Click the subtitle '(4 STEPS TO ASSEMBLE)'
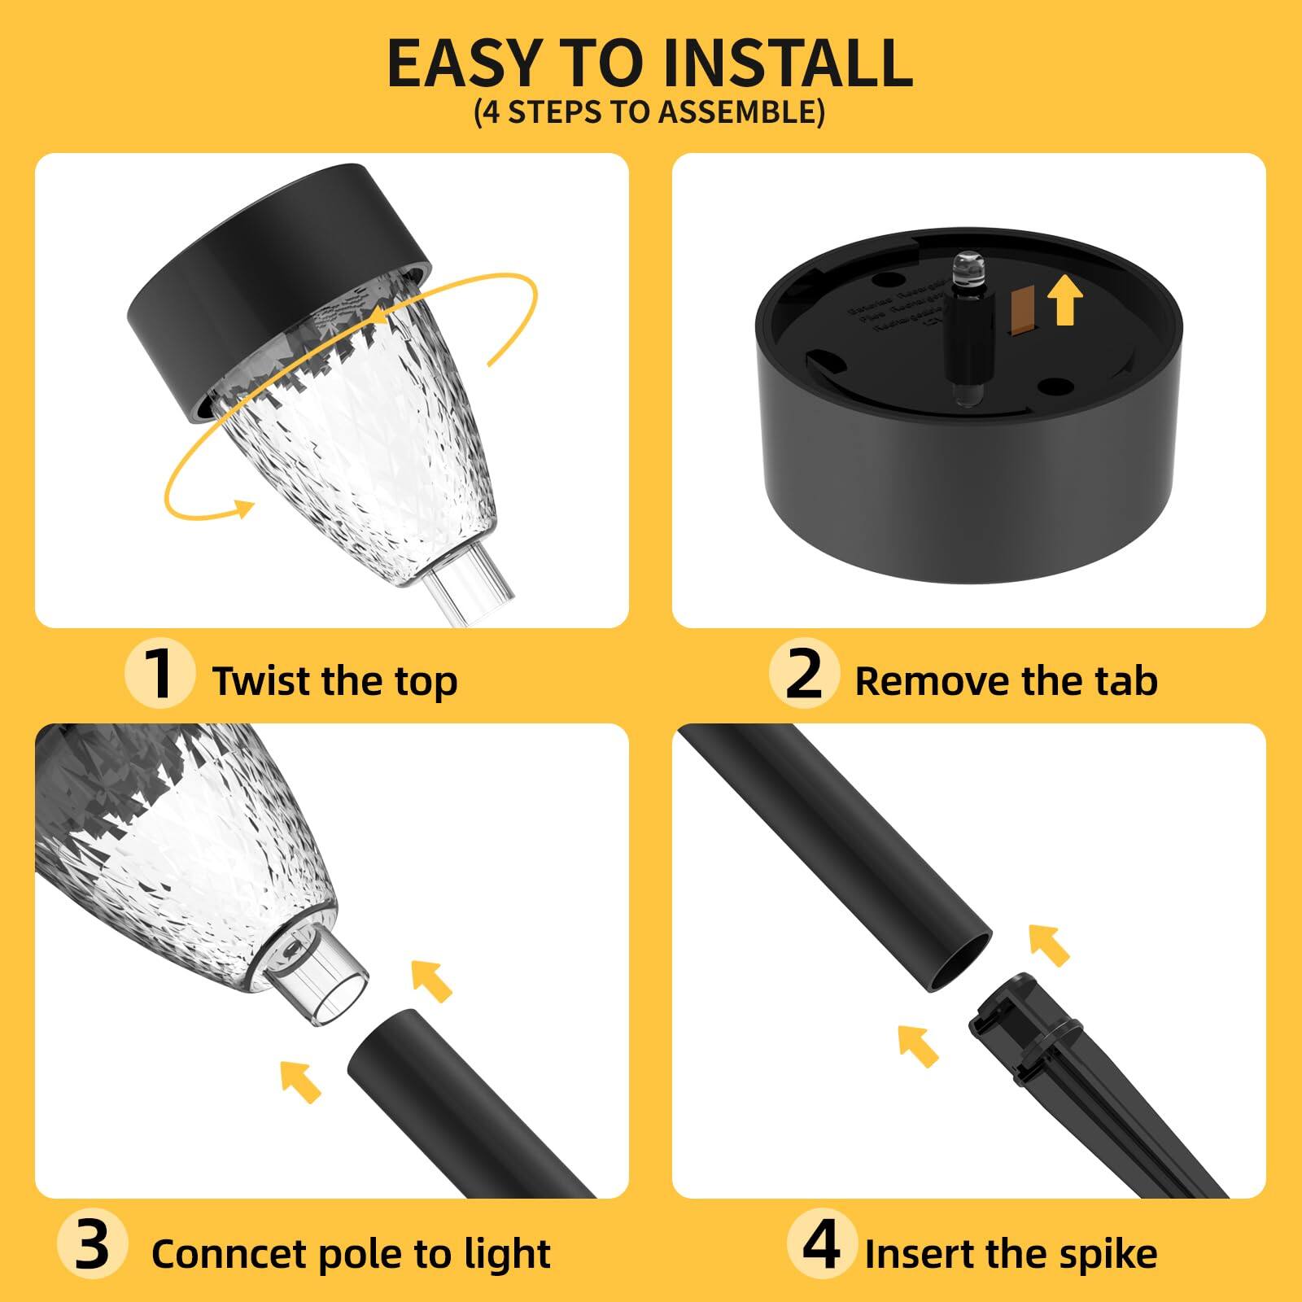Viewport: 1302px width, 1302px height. [649, 111]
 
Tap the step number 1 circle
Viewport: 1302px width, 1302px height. [159, 674]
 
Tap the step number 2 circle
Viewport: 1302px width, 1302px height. [804, 674]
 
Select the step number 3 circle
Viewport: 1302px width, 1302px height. [92, 1246]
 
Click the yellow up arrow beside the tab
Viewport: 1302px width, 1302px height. [1065, 298]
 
